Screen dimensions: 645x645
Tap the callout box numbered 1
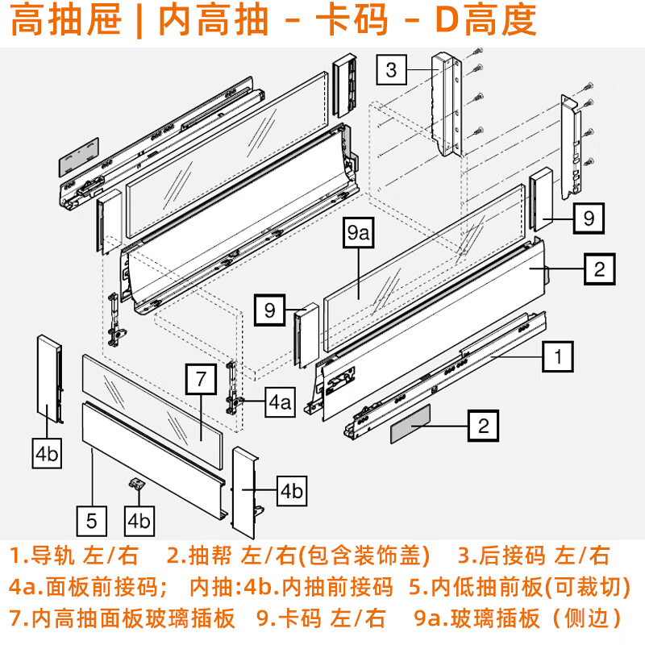tap(558, 355)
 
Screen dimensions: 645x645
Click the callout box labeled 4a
tap(279, 402)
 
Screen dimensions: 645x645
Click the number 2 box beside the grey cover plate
tap(484, 425)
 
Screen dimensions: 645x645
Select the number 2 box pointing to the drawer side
tap(599, 269)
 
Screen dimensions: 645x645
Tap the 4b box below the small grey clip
tap(139, 520)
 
